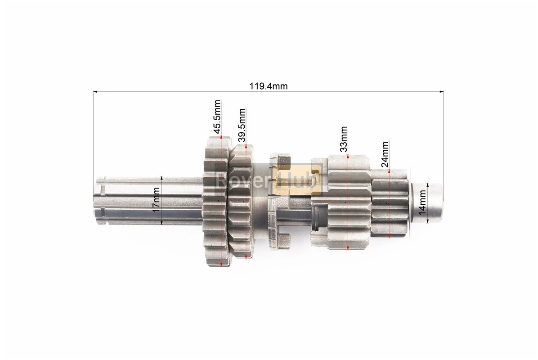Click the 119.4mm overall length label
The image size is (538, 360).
[x=268, y=86]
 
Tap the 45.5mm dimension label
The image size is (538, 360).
[x=217, y=117]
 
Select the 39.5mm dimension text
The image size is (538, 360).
[x=242, y=125]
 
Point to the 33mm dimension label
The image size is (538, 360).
[x=344, y=139]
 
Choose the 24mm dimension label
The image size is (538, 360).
[x=385, y=154]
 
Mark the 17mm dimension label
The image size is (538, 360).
[x=156, y=200]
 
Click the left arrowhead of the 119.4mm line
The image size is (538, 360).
[x=95, y=92]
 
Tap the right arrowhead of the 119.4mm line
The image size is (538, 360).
[x=441, y=92]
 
